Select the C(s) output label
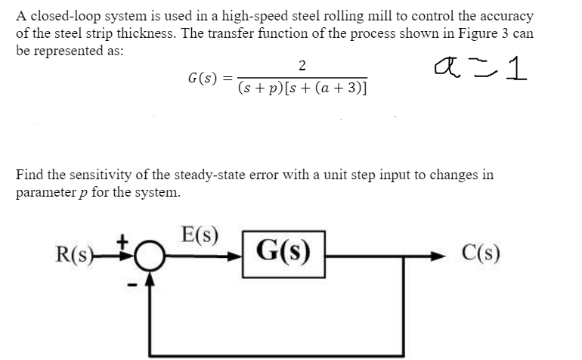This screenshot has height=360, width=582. point(478,252)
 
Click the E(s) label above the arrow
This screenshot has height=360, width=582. point(200,234)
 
